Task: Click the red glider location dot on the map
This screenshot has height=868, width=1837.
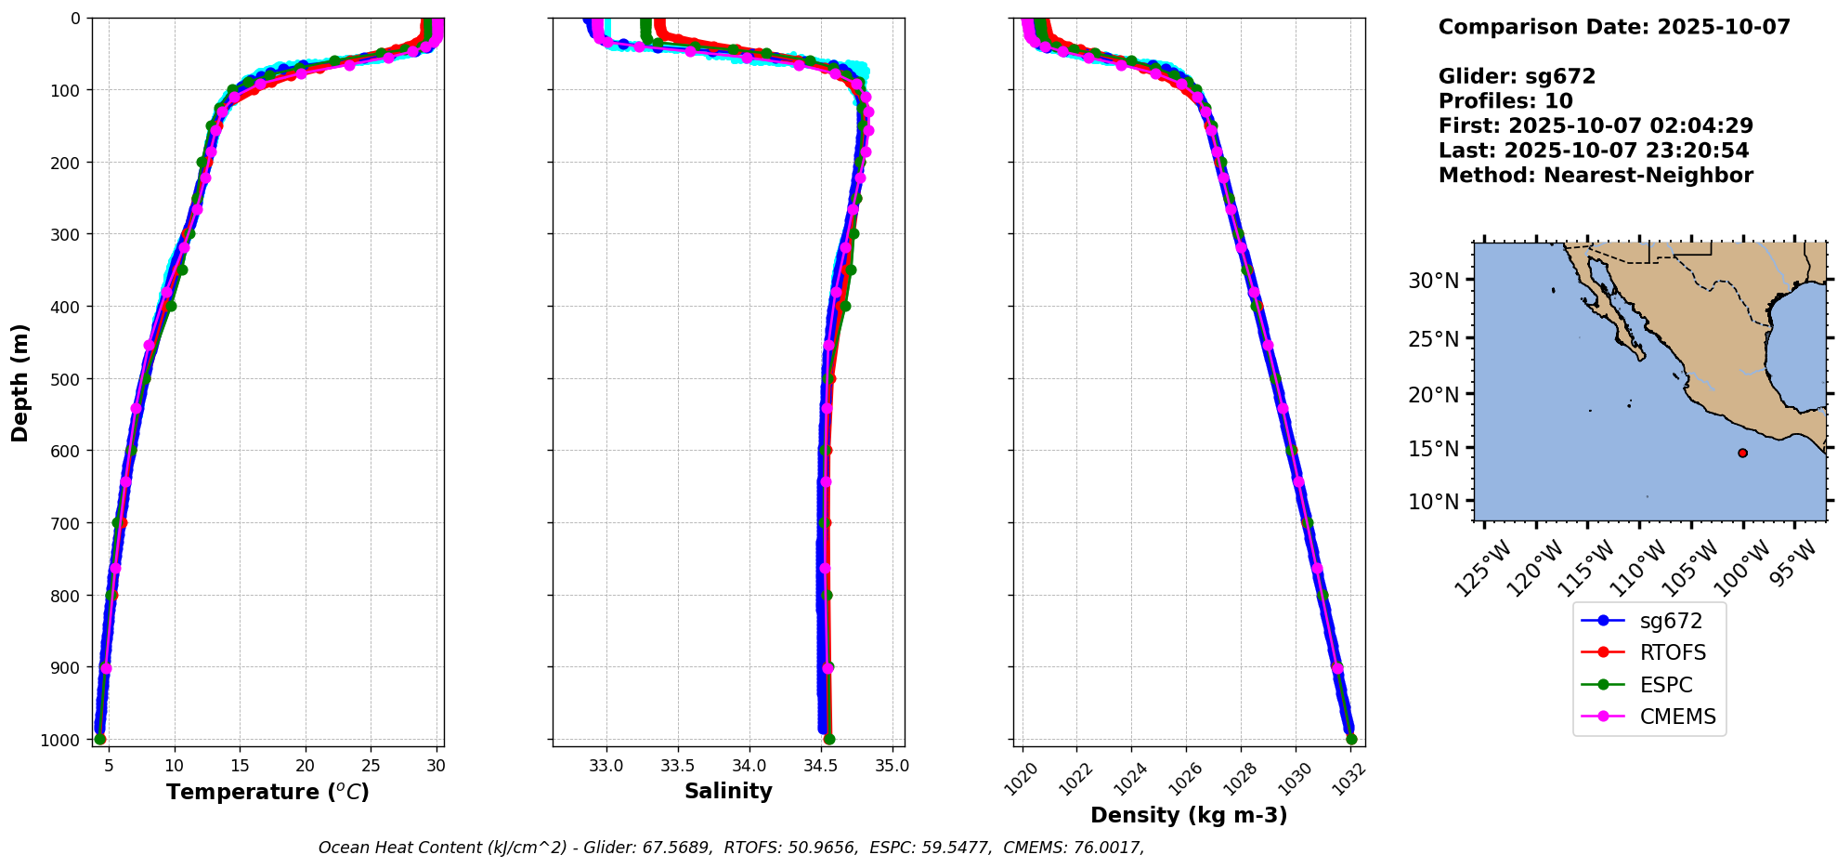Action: tap(1742, 454)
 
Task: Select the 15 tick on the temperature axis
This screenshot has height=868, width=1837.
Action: tap(240, 766)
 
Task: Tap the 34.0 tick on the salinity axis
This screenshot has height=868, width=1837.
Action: tap(749, 766)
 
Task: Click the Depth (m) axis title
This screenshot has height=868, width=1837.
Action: tap(20, 383)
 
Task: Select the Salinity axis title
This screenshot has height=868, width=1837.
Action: tap(728, 792)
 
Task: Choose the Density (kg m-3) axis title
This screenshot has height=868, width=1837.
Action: tap(1189, 816)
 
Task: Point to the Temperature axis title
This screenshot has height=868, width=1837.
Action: tap(267, 792)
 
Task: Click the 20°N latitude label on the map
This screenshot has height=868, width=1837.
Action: tap(1434, 394)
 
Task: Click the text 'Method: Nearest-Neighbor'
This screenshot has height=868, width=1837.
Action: tap(1596, 176)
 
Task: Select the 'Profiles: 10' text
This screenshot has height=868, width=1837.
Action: tap(1505, 101)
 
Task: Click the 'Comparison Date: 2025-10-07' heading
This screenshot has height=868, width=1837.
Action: tap(1614, 27)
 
